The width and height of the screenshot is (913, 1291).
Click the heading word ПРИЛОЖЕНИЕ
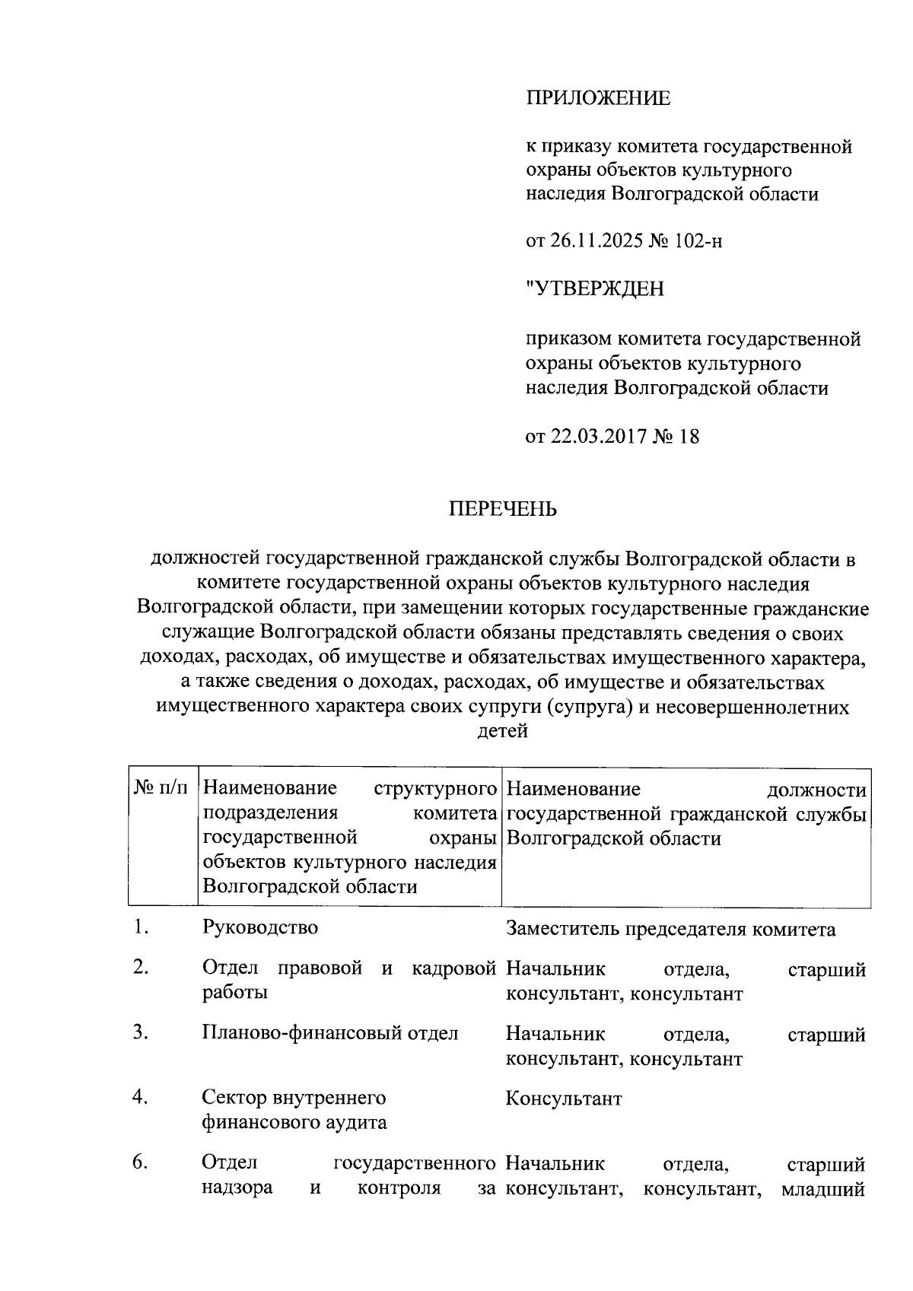598,98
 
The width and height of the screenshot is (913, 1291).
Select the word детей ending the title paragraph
501,732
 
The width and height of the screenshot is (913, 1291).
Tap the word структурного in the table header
435,789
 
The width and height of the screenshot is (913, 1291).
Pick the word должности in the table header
816,790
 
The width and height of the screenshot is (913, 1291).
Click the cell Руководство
259,928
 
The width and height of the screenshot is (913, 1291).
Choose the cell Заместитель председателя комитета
670,930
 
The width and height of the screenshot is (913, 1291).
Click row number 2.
139,968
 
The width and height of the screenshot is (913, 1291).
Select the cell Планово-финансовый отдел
330,1033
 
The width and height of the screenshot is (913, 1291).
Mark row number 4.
139,1097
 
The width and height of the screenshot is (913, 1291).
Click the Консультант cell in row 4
563,1099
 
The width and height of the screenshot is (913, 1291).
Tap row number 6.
139,1162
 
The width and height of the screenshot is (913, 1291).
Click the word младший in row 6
823,1188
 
